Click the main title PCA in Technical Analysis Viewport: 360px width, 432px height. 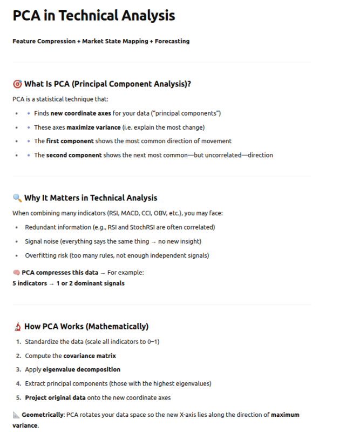coord(94,16)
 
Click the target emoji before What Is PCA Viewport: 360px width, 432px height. coord(17,84)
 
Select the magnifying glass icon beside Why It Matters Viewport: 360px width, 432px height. coord(17,198)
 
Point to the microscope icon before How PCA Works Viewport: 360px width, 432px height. coord(17,327)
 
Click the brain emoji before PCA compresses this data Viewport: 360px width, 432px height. coord(16,273)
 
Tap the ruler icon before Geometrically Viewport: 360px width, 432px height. coord(16,415)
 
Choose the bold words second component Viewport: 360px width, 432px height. coord(73,155)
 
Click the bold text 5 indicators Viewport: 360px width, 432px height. coord(30,283)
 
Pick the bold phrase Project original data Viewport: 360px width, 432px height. coord(55,398)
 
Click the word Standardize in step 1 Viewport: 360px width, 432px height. coord(42,342)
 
